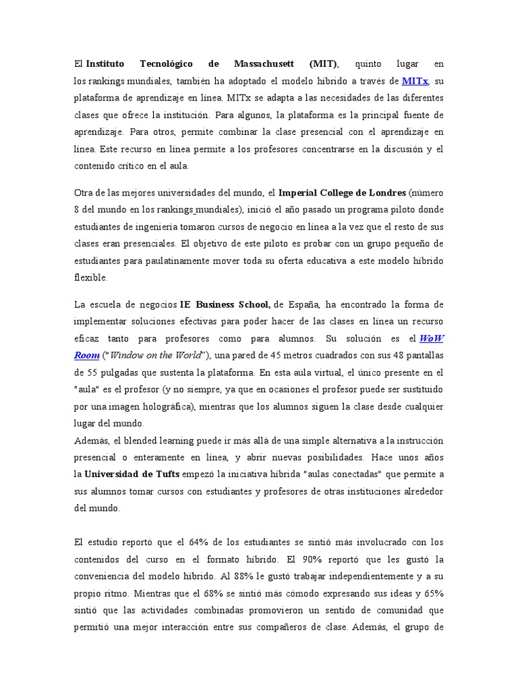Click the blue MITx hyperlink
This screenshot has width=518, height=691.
click(x=414, y=82)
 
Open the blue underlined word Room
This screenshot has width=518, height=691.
click(x=87, y=355)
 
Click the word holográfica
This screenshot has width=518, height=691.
click(x=161, y=406)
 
